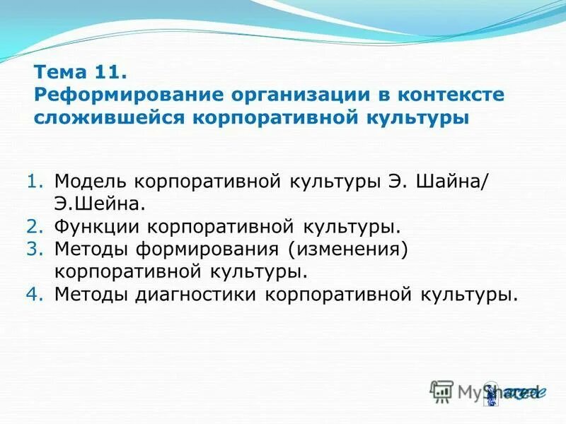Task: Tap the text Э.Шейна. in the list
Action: coord(100,204)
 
